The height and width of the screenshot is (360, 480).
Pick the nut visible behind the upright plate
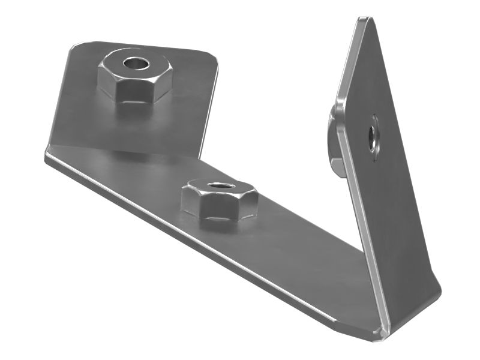(334, 141)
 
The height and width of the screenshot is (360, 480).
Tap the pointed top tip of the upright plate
(364, 21)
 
